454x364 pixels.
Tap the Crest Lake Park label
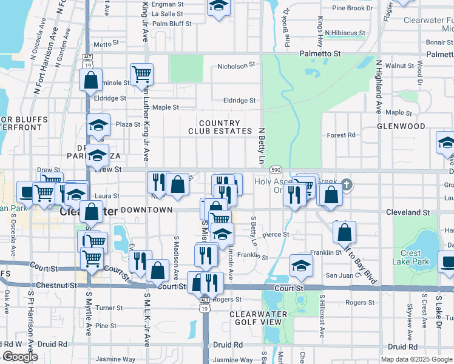415,257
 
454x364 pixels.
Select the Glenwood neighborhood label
401,126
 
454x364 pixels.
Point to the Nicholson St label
235,66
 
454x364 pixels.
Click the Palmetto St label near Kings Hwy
320,54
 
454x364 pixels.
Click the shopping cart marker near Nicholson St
141,74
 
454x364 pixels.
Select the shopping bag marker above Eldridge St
91,81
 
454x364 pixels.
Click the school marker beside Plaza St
98,124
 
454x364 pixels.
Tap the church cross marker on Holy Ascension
347,184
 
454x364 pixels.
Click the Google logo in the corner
20,357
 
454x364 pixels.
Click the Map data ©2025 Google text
416,359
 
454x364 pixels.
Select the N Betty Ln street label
262,146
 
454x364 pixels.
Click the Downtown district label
147,209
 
